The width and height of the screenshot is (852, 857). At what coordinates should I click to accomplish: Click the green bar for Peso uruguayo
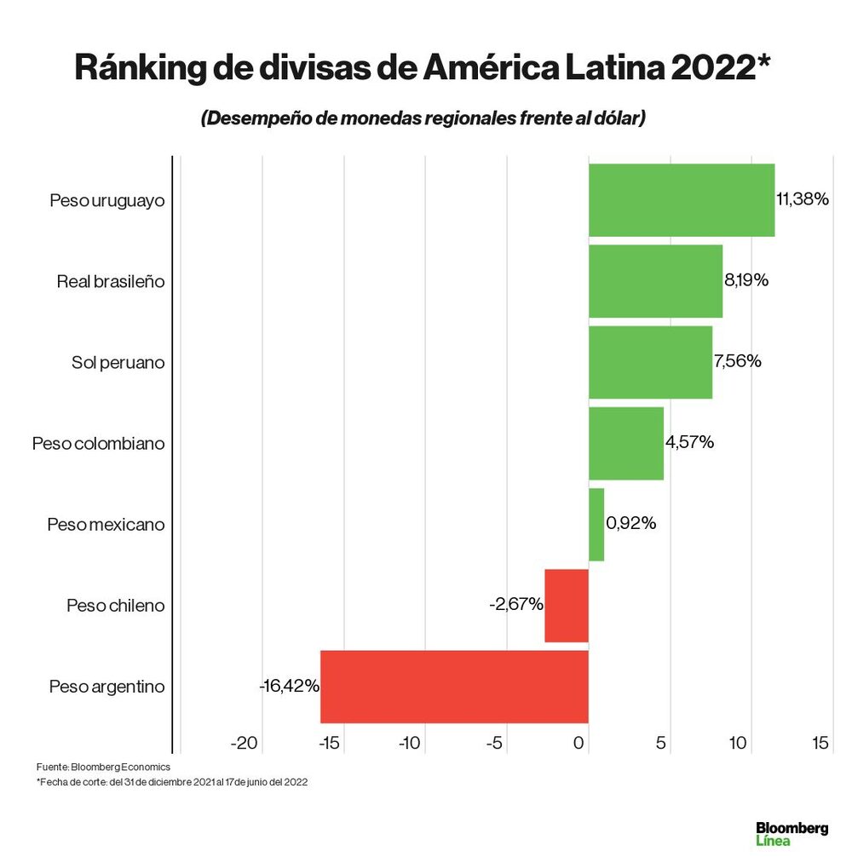(682, 199)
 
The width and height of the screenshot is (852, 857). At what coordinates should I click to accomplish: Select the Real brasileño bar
(655, 281)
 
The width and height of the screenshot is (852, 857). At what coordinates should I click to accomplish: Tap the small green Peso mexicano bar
(596, 524)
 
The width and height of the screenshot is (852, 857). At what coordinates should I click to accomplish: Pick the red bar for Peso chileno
(567, 605)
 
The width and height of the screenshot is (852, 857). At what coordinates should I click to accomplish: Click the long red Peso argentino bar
(454, 687)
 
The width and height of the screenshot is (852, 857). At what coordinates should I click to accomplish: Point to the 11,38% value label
(803, 199)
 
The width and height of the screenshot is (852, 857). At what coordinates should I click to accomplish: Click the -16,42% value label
(290, 686)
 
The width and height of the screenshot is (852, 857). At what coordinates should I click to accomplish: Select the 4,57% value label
(689, 442)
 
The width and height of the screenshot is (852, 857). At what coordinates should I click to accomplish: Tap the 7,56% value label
(738, 361)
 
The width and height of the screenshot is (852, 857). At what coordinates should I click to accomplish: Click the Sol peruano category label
(118, 362)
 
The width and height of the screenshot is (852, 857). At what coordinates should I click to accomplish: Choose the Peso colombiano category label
(98, 443)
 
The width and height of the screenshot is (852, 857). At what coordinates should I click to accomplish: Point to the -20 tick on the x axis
(245, 743)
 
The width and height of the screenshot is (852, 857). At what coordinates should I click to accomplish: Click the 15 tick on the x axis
(820, 743)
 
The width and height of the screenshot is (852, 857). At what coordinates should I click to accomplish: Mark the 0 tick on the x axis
(580, 743)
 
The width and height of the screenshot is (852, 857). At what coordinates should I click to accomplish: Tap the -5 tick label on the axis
(494, 743)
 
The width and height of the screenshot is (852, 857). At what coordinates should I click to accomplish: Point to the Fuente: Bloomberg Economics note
(103, 767)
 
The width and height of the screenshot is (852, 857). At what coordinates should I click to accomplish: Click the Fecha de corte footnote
(171, 782)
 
